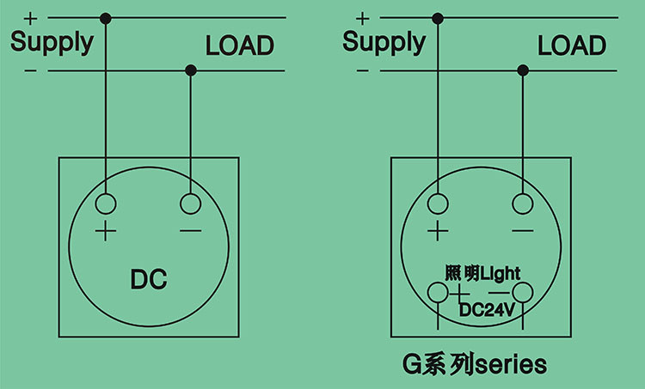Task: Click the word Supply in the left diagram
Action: pyautogui.click(x=51, y=43)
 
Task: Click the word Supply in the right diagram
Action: pyautogui.click(x=384, y=43)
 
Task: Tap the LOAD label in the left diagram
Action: pyautogui.click(x=239, y=46)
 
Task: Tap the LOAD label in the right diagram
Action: pyautogui.click(x=572, y=46)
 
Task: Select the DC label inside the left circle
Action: pyautogui.click(x=148, y=279)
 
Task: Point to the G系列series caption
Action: pyautogui.click(x=475, y=363)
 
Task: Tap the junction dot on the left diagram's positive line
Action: pyautogui.click(x=106, y=18)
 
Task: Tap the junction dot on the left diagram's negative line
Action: pyautogui.click(x=190, y=70)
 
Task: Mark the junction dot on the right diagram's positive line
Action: pyautogui.click(x=439, y=18)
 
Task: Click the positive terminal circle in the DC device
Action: pyautogui.click(x=106, y=204)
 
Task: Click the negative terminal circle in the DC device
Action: pyautogui.click(x=190, y=204)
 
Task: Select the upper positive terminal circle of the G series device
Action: pyautogui.click(x=439, y=204)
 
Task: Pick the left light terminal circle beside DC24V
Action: pyautogui.click(x=439, y=294)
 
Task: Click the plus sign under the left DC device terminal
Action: pyautogui.click(x=106, y=231)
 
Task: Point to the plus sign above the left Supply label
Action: pyautogui.click(x=32, y=17)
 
